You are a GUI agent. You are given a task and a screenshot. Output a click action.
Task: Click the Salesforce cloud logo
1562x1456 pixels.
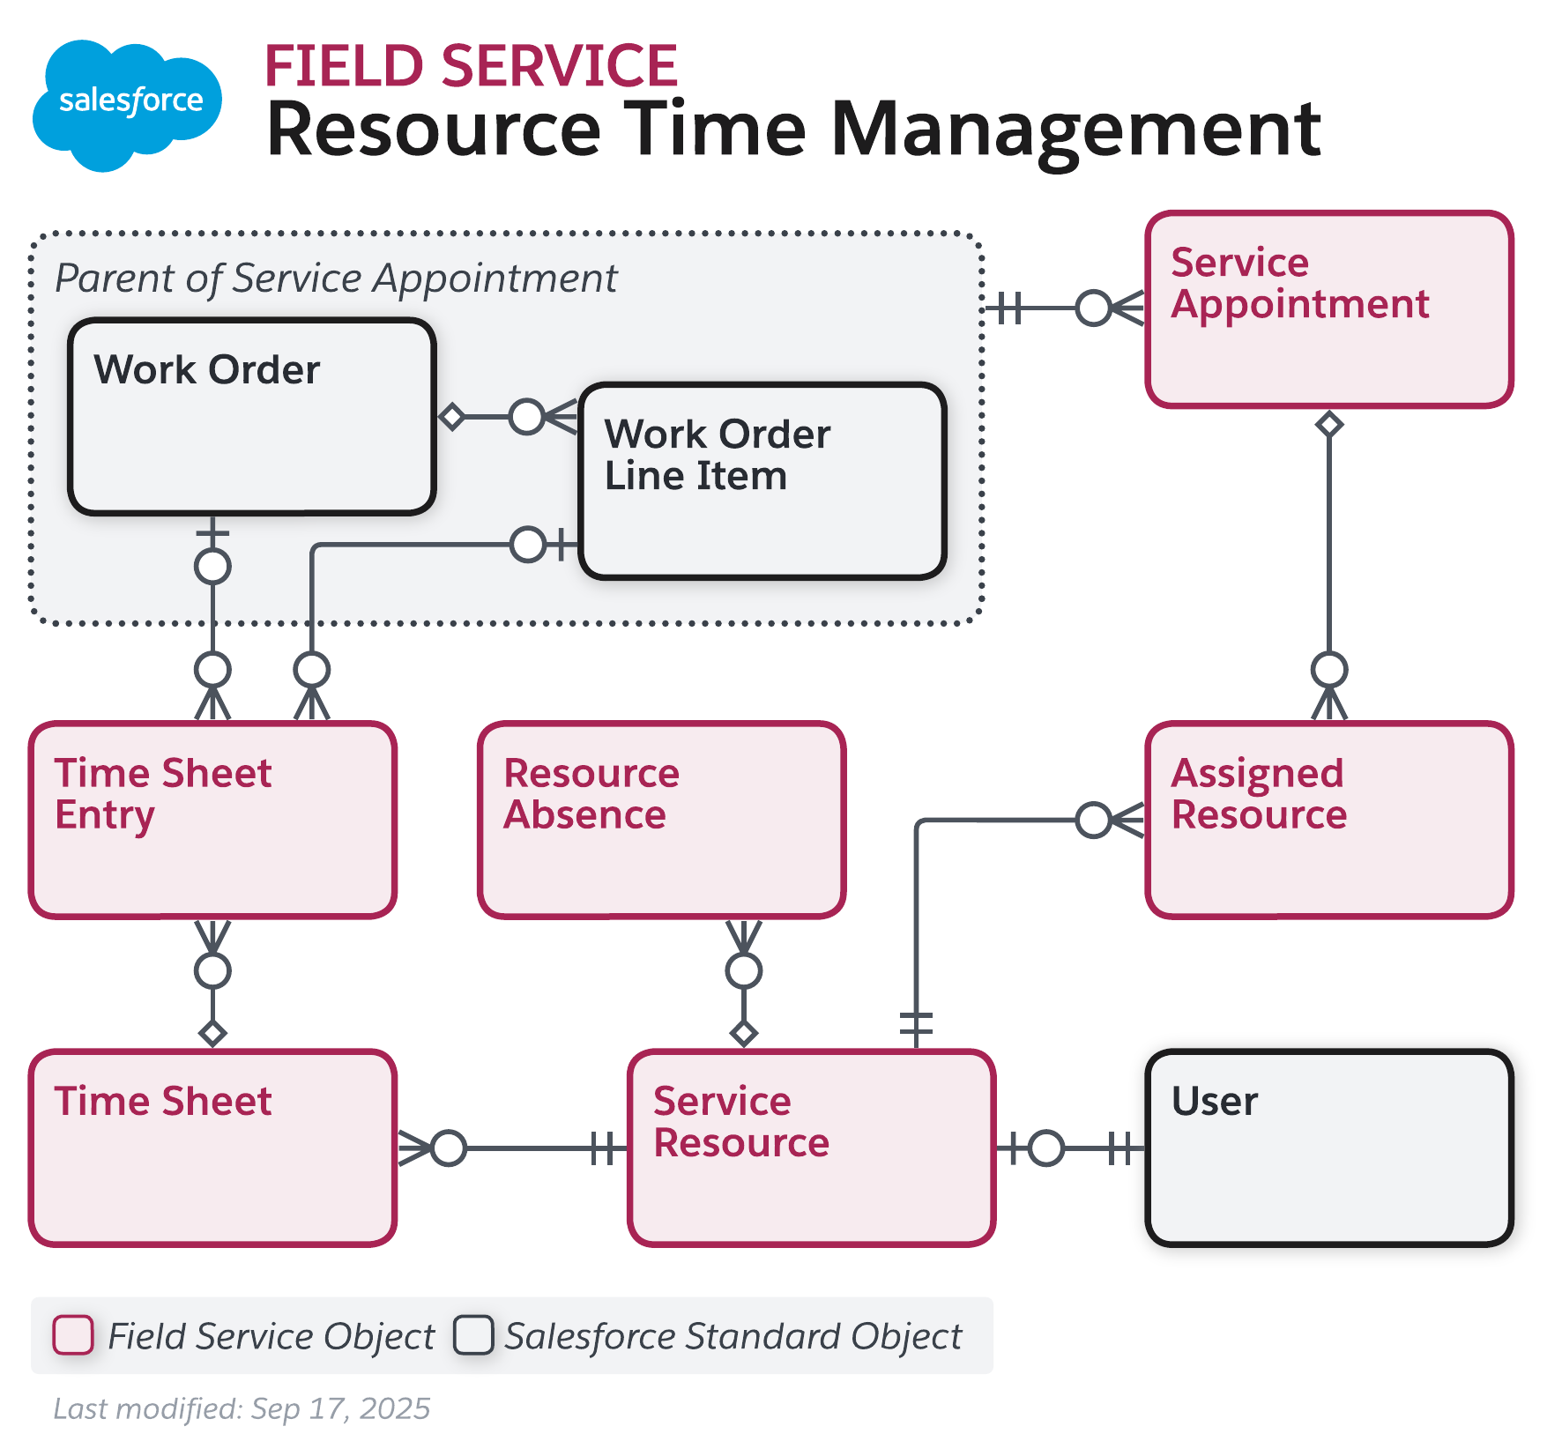point(127,104)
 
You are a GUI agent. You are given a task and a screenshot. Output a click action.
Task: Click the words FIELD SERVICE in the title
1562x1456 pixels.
point(471,67)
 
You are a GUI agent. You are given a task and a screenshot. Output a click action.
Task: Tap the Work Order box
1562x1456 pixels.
point(252,417)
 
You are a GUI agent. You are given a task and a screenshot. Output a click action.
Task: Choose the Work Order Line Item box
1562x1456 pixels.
point(762,481)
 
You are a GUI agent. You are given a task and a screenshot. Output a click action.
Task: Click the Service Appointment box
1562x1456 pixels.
point(1329,309)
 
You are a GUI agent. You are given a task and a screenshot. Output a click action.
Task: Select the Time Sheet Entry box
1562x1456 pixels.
point(212,820)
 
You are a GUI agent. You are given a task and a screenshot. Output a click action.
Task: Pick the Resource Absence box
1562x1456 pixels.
point(662,820)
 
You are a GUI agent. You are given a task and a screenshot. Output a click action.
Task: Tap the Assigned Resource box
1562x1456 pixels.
point(1329,820)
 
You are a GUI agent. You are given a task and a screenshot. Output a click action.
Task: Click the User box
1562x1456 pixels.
point(1329,1148)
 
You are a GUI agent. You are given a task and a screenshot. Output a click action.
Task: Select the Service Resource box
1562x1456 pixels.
point(812,1148)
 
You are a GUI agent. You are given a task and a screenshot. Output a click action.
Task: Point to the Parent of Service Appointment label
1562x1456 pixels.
point(336,279)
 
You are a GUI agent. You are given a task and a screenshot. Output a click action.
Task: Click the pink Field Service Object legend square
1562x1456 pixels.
point(73,1334)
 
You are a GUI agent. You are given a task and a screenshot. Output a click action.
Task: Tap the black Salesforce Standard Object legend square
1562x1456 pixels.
point(473,1334)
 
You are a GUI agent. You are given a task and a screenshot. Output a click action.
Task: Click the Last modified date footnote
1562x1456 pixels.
point(242,1408)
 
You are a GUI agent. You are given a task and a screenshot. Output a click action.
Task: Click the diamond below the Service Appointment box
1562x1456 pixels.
point(1329,425)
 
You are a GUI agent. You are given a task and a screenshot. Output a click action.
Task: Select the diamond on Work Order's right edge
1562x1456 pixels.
point(452,416)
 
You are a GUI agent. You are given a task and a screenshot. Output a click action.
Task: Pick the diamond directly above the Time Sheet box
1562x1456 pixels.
point(212,1033)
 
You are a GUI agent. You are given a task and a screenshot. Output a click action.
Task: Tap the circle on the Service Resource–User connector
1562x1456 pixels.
point(1046,1148)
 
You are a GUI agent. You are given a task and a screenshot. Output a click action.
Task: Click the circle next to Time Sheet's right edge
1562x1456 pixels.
point(449,1148)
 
